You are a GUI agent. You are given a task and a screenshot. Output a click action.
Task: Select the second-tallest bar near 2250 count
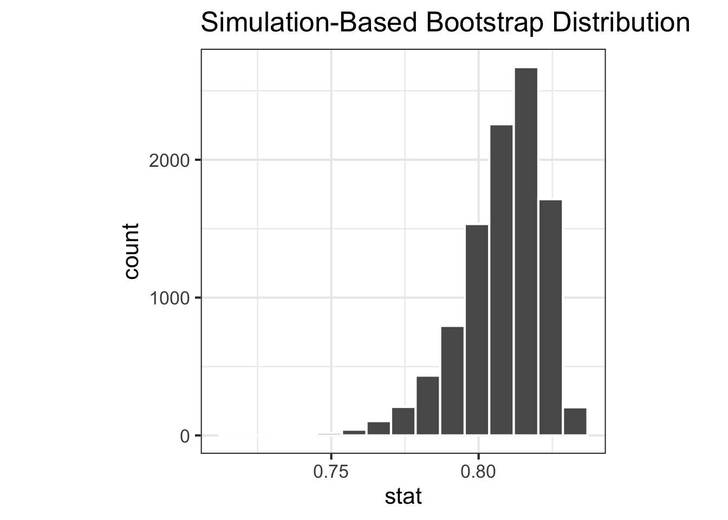pyautogui.click(x=501, y=279)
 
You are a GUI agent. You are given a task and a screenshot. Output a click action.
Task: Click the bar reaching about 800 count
pyautogui.click(x=452, y=380)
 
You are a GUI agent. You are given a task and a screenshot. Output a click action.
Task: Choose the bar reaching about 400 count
pyautogui.click(x=427, y=405)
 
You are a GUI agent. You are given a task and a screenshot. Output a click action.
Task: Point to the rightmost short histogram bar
pyautogui.click(x=575, y=421)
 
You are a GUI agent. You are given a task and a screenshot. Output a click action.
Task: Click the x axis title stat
pyautogui.click(x=403, y=496)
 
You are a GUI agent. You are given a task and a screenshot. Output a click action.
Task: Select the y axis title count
pyautogui.click(x=132, y=251)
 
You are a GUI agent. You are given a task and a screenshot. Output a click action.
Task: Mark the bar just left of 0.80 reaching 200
pyautogui.click(x=403, y=421)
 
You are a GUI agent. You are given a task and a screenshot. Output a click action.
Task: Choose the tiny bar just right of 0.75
pyautogui.click(x=354, y=432)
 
